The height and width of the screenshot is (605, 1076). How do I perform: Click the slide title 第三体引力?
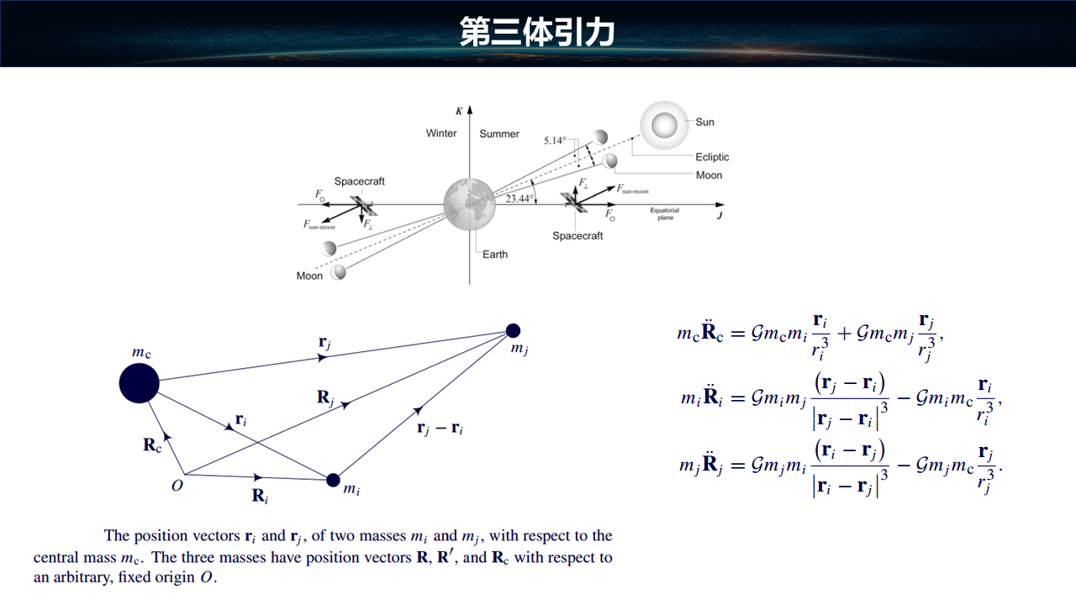coord(537,32)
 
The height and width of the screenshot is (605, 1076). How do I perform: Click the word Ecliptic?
coord(712,157)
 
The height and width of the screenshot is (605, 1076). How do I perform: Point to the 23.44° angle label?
coord(520,199)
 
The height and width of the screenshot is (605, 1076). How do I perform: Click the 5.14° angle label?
coord(555,140)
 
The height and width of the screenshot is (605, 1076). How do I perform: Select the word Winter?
coord(441,134)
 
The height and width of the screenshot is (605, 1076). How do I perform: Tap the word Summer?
coord(499,134)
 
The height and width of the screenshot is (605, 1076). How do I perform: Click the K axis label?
coord(459,111)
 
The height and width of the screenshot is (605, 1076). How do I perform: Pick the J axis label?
coord(720,215)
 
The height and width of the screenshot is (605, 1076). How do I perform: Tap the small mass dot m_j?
coord(513,330)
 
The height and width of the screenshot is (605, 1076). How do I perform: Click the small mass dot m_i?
coord(333,480)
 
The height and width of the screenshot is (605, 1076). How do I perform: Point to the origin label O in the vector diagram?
coord(177,485)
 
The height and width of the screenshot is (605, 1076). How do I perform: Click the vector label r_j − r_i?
coord(440,428)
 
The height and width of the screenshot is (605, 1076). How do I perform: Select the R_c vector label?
coord(152,445)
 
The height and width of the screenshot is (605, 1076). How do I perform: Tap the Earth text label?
coord(495,255)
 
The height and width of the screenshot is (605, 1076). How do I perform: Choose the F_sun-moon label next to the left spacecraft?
coord(319,224)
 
